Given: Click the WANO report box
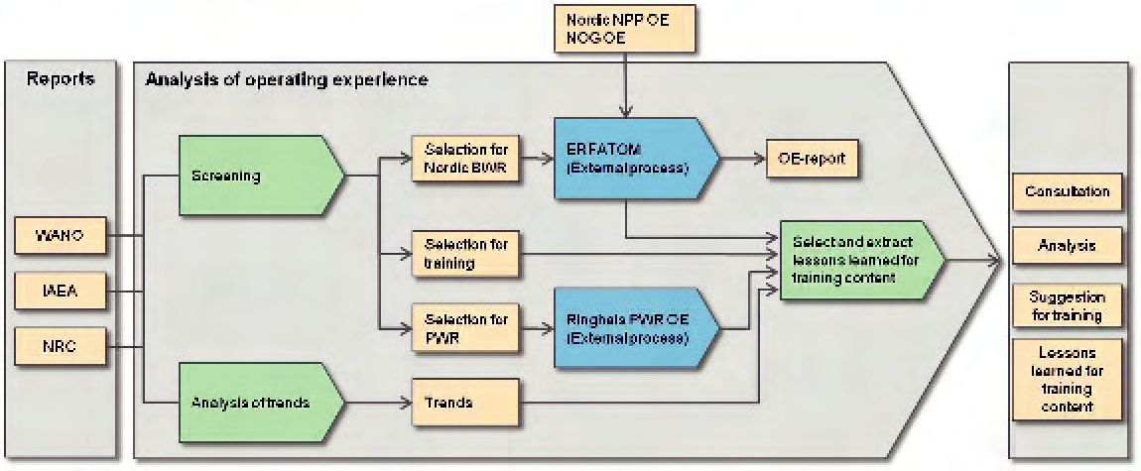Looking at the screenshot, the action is (x=61, y=236).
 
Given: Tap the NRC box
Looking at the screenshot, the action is (x=61, y=346).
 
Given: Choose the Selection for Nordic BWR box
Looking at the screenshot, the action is (x=464, y=158).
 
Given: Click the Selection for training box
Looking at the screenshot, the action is (x=464, y=254).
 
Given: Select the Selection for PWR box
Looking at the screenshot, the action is (x=464, y=328).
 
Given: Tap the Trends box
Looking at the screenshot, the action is (x=464, y=402).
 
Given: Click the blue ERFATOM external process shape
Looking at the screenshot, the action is (x=635, y=158).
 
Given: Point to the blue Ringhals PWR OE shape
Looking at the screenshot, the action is (x=635, y=328).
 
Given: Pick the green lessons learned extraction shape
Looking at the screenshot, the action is (x=861, y=258).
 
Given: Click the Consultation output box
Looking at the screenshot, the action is (x=1067, y=192).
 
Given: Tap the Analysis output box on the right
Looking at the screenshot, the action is (x=1067, y=246).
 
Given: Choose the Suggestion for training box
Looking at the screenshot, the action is (x=1067, y=305).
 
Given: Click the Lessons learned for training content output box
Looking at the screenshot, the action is (x=1067, y=380).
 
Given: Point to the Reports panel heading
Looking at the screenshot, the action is (x=61, y=79).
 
